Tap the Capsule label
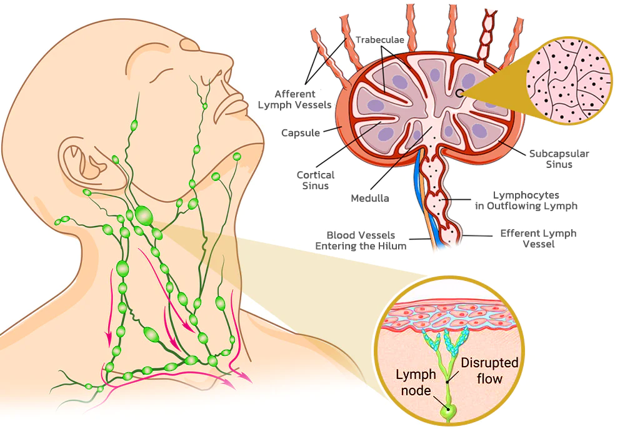301,133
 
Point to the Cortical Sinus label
316,180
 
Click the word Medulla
369,199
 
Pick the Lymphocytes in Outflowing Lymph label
534,200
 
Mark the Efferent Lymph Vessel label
538,239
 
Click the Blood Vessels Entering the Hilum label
361,240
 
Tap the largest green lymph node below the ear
144,215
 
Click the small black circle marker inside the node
459,93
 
